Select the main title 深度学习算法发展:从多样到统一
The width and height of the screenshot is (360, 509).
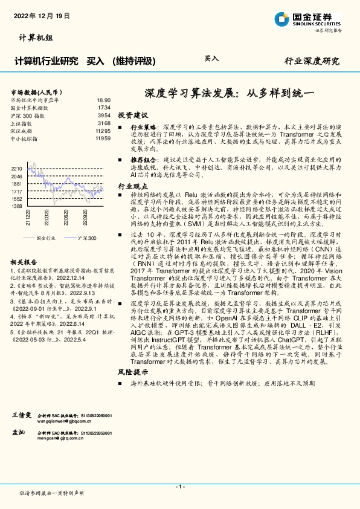pyautogui.click(x=222, y=94)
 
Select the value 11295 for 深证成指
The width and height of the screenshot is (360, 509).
pyautogui.click(x=103, y=131)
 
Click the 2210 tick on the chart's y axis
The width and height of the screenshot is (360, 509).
pyautogui.click(x=17, y=168)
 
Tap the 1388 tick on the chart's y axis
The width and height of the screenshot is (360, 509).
pyautogui.click(x=17, y=206)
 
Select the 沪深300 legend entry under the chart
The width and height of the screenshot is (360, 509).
pyautogui.click(x=88, y=239)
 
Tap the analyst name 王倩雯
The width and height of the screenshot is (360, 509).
pyautogui.click(x=22, y=417)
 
